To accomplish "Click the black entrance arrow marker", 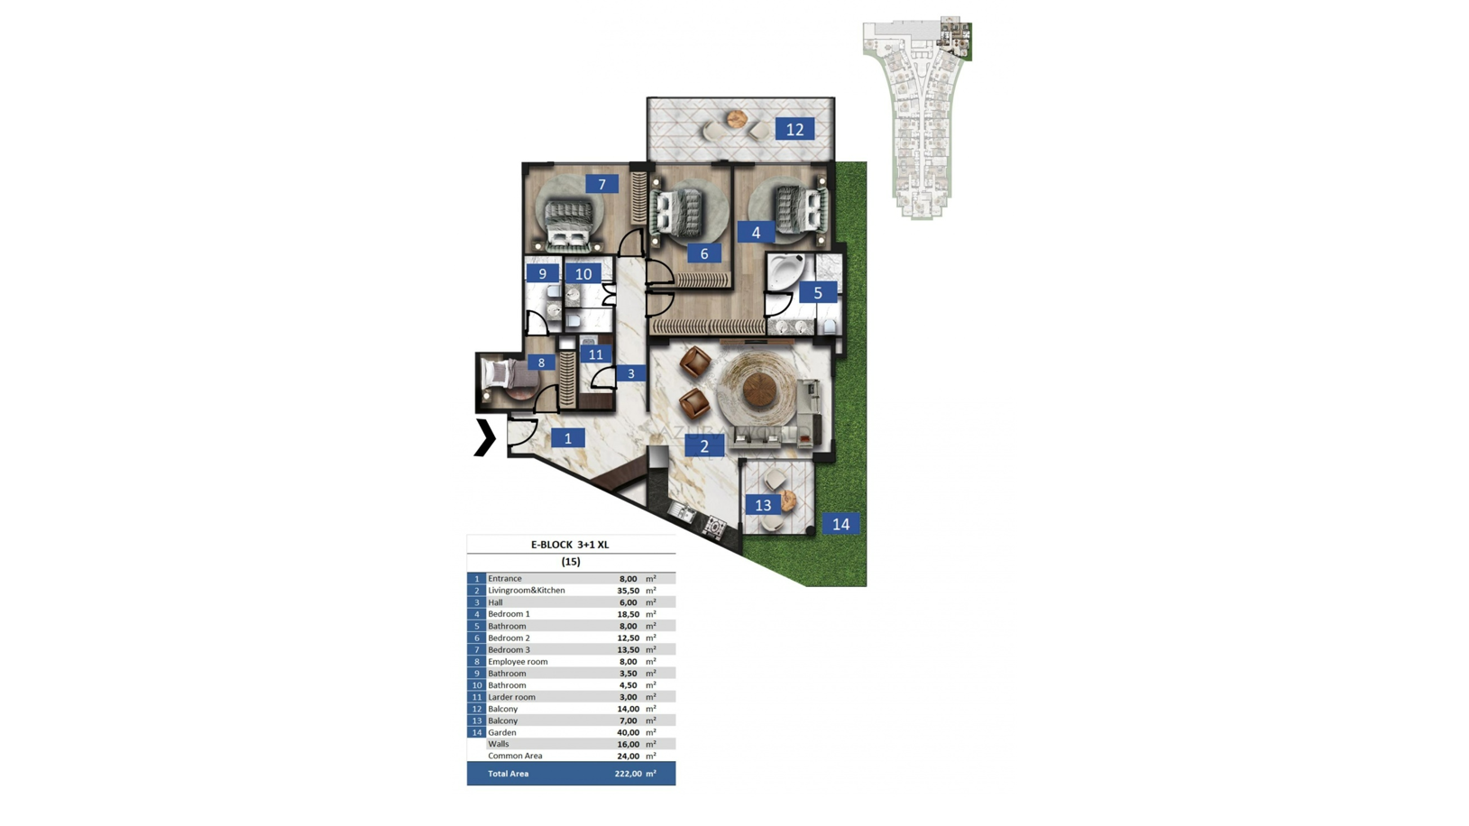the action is (484, 437).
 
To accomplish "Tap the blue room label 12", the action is (794, 129).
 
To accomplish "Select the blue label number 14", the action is (840, 524).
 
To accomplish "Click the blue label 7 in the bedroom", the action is (602, 184).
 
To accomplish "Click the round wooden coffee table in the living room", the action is (760, 390).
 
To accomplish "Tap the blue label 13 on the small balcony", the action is (763, 505).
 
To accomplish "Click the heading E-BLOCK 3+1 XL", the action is (570, 544).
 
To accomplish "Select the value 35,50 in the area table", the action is (628, 591).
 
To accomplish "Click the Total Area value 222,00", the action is (629, 774).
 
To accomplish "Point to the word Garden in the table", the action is (501, 732).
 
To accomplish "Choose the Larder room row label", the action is (511, 697).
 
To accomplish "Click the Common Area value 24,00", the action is (629, 756).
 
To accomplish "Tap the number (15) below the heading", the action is (571, 562).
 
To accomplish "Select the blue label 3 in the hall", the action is (631, 373).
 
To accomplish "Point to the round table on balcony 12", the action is (737, 119).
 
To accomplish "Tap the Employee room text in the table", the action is (518, 662).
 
